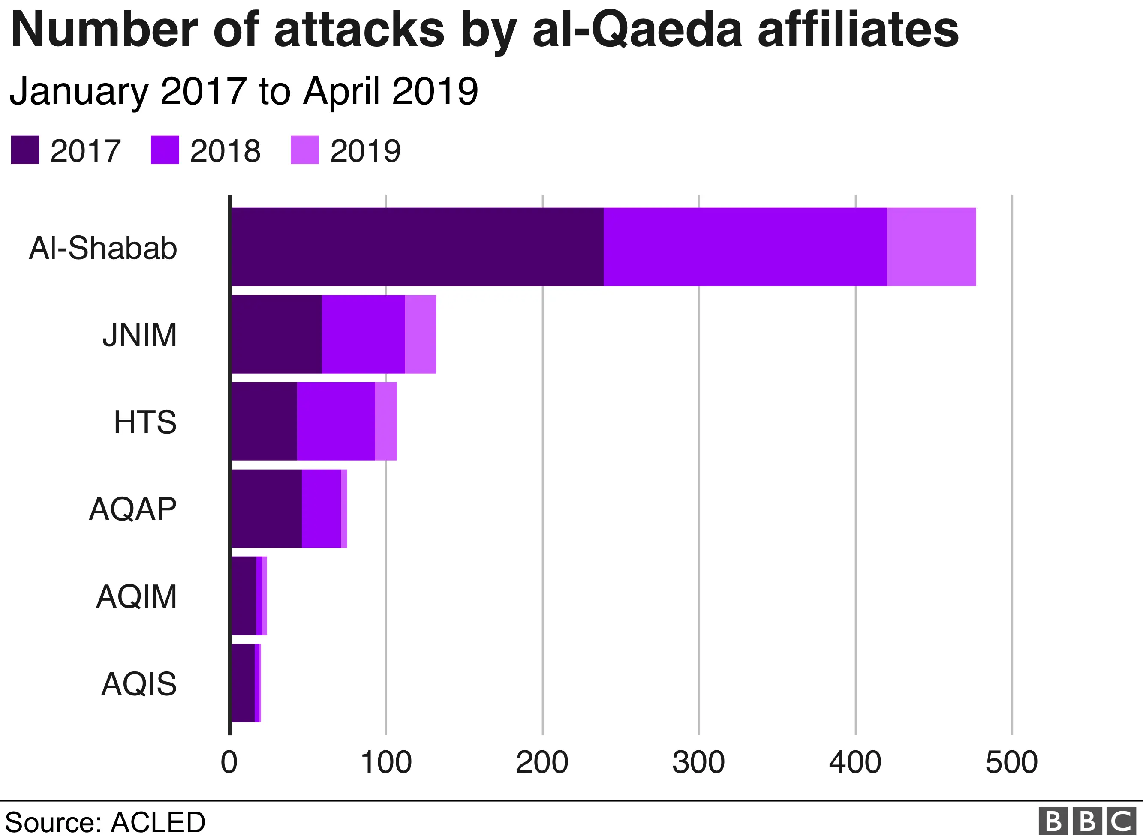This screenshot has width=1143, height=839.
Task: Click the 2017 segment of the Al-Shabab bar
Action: click(x=417, y=247)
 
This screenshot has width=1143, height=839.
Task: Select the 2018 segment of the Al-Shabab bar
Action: click(x=745, y=247)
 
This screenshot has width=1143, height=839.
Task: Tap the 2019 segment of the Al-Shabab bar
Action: click(x=931, y=247)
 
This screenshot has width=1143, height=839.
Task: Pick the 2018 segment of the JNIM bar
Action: click(x=363, y=334)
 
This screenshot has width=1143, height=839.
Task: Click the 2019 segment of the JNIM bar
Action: click(x=421, y=334)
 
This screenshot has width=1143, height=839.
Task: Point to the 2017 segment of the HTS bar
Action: click(x=264, y=421)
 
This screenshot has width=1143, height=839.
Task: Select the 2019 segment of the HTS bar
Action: click(x=385, y=421)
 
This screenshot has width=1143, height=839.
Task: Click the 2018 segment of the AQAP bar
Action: click(x=321, y=508)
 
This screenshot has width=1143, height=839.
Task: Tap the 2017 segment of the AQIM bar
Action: click(x=244, y=596)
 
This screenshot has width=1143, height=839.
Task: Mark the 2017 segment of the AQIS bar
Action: click(x=242, y=683)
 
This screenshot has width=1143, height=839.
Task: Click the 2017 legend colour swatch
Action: click(x=25, y=150)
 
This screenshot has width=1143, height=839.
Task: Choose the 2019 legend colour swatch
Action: click(x=304, y=150)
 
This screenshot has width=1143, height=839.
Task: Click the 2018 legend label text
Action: click(x=225, y=151)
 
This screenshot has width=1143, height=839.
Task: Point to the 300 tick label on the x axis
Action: click(x=698, y=762)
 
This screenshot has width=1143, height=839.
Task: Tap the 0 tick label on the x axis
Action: click(x=229, y=762)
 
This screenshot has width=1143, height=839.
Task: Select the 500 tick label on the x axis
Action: click(x=1011, y=762)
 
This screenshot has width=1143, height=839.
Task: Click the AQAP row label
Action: click(x=132, y=509)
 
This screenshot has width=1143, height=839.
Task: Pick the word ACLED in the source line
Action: click(x=157, y=822)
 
